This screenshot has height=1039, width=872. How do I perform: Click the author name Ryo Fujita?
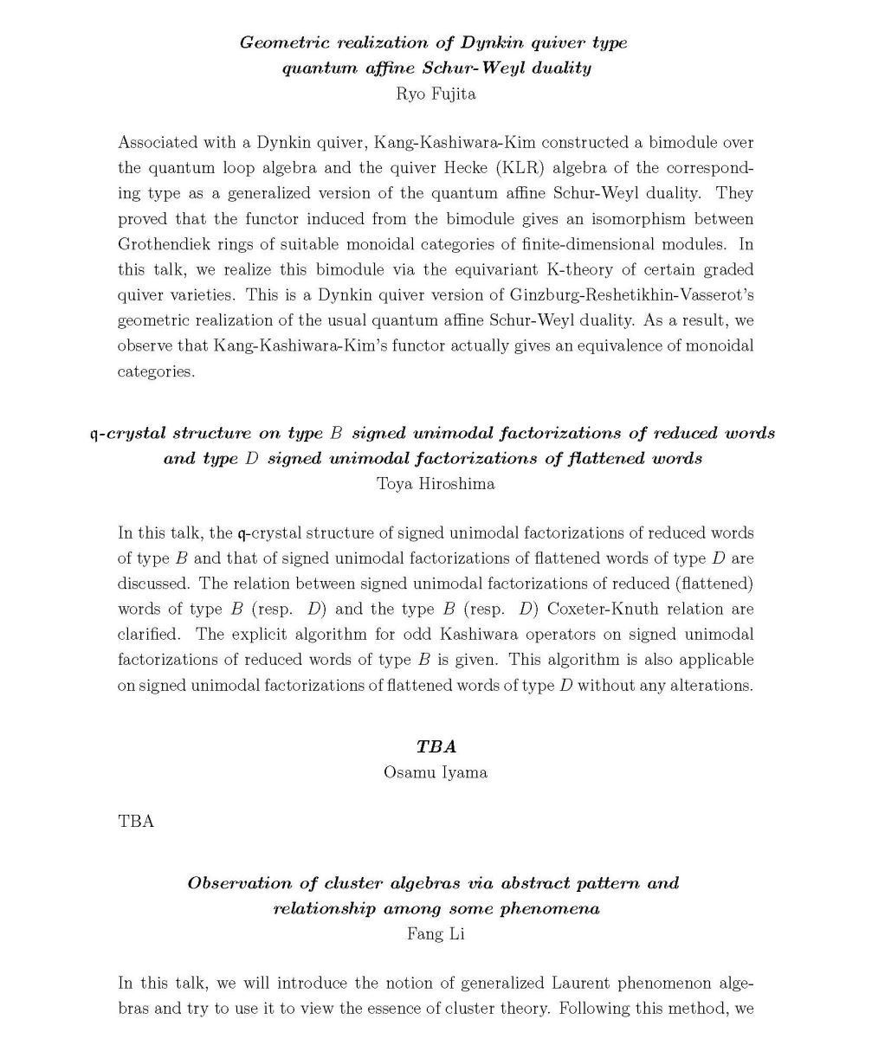point(436,94)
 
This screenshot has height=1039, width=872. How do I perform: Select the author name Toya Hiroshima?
point(436,484)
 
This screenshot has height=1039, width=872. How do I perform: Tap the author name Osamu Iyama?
point(436,772)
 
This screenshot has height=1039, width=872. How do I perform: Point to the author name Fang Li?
point(436,934)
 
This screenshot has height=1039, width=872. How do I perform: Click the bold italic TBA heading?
point(436,746)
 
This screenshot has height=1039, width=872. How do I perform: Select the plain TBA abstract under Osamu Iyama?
point(136,822)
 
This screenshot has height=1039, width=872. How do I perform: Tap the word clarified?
point(148,634)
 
